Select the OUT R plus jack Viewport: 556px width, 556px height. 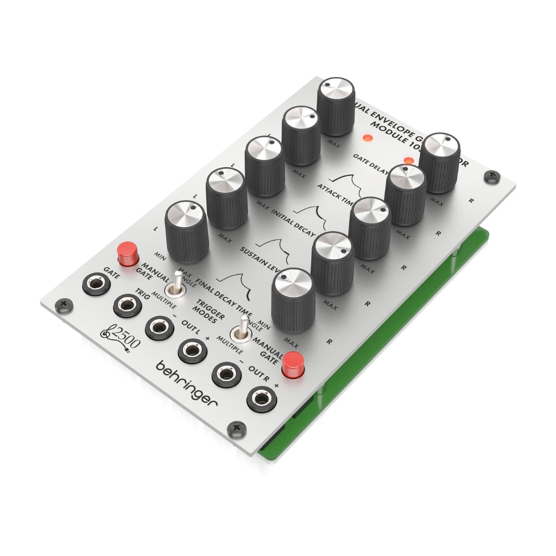click(260, 401)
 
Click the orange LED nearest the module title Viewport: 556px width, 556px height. click(368, 137)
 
